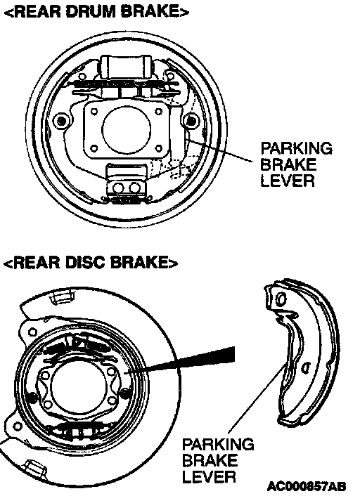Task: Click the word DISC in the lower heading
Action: tap(86, 263)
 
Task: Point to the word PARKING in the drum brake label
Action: tap(297, 148)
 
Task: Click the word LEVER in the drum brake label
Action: tap(288, 181)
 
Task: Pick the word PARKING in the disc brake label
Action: tap(218, 444)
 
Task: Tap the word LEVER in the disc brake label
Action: tap(209, 477)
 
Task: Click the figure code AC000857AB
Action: tap(307, 486)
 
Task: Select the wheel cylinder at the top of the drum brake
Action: tap(126, 66)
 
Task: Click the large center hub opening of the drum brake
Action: tap(126, 129)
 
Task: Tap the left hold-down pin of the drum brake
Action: tap(60, 121)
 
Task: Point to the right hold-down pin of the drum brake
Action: tap(191, 121)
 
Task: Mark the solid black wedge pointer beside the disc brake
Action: tap(189, 359)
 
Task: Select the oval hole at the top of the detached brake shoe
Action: tap(281, 299)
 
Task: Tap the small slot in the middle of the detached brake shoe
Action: tap(306, 367)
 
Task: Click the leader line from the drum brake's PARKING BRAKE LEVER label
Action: tap(220, 150)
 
